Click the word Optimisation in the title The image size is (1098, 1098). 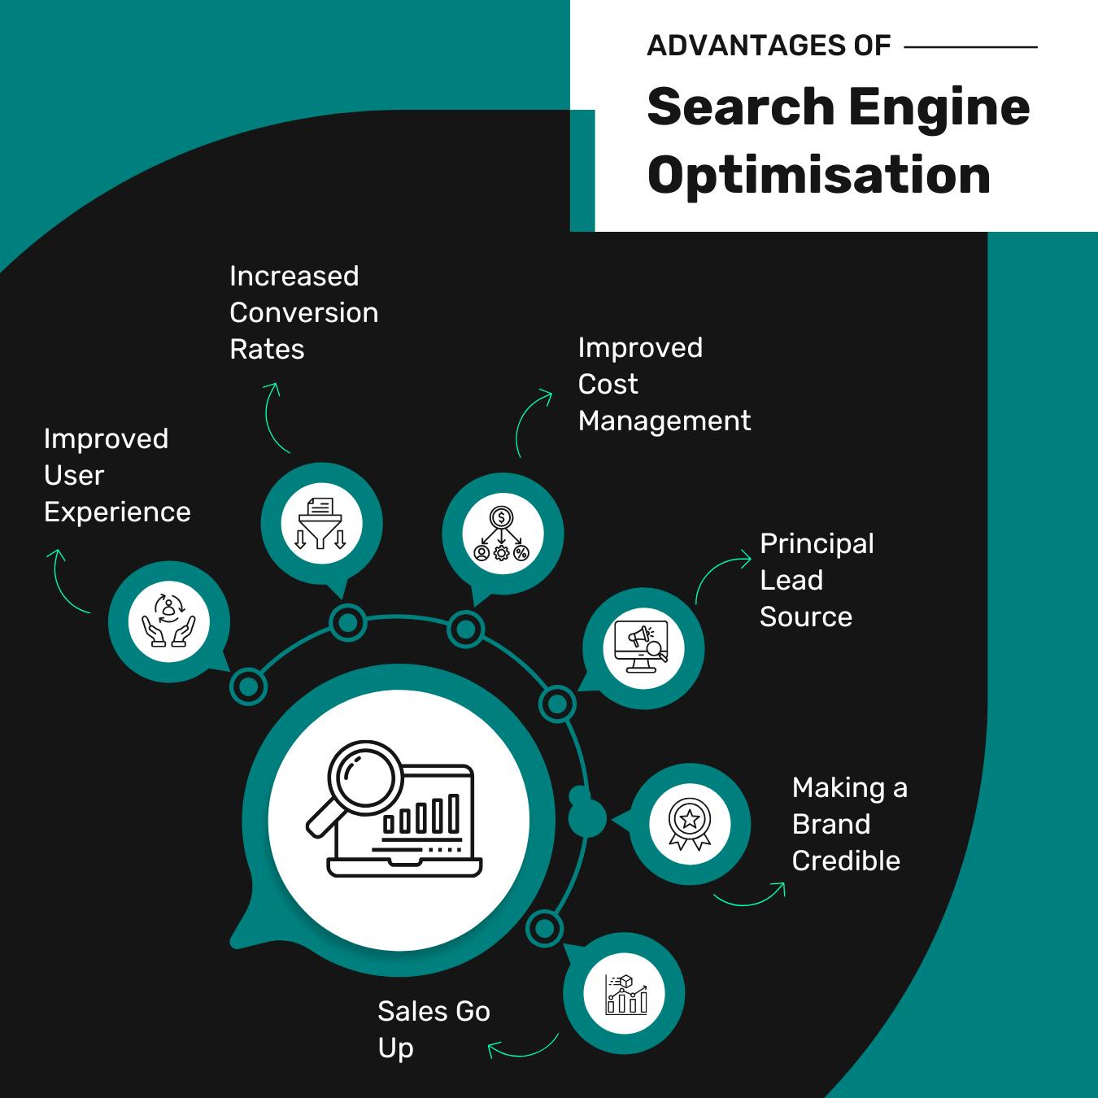coord(819,175)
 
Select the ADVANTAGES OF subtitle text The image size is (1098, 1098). coord(769,46)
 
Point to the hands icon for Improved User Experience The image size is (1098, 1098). coord(169,622)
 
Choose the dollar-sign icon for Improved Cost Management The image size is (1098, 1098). coord(502,534)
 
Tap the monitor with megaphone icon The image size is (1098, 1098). coord(643,648)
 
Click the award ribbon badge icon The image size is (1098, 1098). coord(690,823)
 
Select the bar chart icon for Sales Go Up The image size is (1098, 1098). coord(625,994)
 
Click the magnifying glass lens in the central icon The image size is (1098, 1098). coord(359,773)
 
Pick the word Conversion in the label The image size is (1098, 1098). coord(303,313)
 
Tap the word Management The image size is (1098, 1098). coord(664,421)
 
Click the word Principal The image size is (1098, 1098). coord(817,543)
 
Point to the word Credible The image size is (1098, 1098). coord(846,861)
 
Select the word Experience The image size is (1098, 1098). coord(117,512)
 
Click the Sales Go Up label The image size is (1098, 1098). coord(434,1029)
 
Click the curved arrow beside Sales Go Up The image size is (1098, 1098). coord(523,1049)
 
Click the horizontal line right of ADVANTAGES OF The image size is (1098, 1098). coord(970,47)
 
